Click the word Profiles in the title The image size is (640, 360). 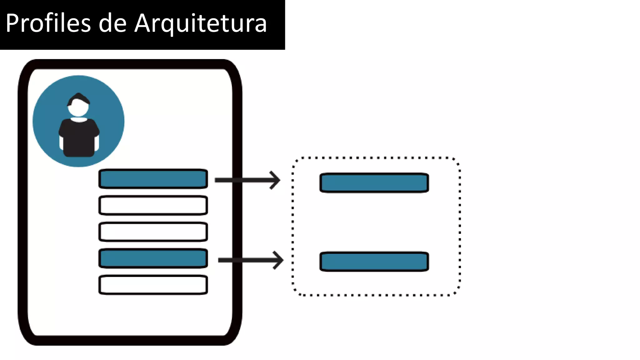coord(48,23)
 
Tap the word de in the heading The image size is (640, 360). coord(112,23)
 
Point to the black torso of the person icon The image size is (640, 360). coord(79,137)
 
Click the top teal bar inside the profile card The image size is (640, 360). coord(153,179)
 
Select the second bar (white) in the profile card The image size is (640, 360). coord(153,205)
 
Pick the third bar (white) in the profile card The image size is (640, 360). coord(153,232)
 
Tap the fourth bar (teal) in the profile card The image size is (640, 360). coord(153,258)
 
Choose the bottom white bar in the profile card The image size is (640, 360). coord(153,285)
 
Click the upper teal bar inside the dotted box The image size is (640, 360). coord(374,183)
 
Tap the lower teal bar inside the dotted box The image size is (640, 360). coord(374,262)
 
